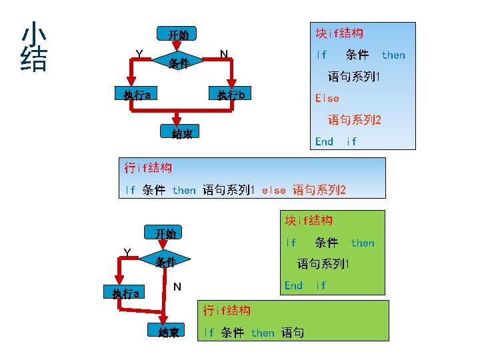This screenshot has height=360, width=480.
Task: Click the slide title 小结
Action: (34, 47)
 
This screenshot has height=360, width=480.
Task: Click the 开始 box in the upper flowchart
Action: (178, 35)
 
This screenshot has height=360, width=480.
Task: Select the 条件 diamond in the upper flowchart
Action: (178, 63)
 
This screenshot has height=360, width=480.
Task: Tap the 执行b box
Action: (231, 95)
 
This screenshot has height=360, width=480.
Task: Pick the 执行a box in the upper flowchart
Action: (136, 95)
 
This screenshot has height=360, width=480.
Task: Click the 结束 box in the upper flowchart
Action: (182, 134)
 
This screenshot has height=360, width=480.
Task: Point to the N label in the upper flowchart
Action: (224, 53)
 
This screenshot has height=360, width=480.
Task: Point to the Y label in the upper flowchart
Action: (139, 53)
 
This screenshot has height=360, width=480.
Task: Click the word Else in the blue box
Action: (327, 98)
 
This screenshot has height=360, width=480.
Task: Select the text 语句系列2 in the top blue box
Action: (354, 120)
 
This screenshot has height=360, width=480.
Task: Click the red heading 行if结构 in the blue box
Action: (148, 167)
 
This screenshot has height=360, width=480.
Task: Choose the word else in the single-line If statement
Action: (274, 190)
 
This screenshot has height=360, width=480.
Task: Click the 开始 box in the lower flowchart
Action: (165, 233)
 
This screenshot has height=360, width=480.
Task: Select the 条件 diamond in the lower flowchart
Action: (165, 261)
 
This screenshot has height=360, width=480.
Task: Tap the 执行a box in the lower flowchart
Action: (125, 293)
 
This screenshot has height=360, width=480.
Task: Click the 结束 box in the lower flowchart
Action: (169, 332)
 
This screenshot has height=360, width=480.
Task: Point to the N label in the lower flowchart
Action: (177, 287)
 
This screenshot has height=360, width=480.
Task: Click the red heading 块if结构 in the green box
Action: (309, 220)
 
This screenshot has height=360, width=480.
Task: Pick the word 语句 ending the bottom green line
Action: (293, 332)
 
